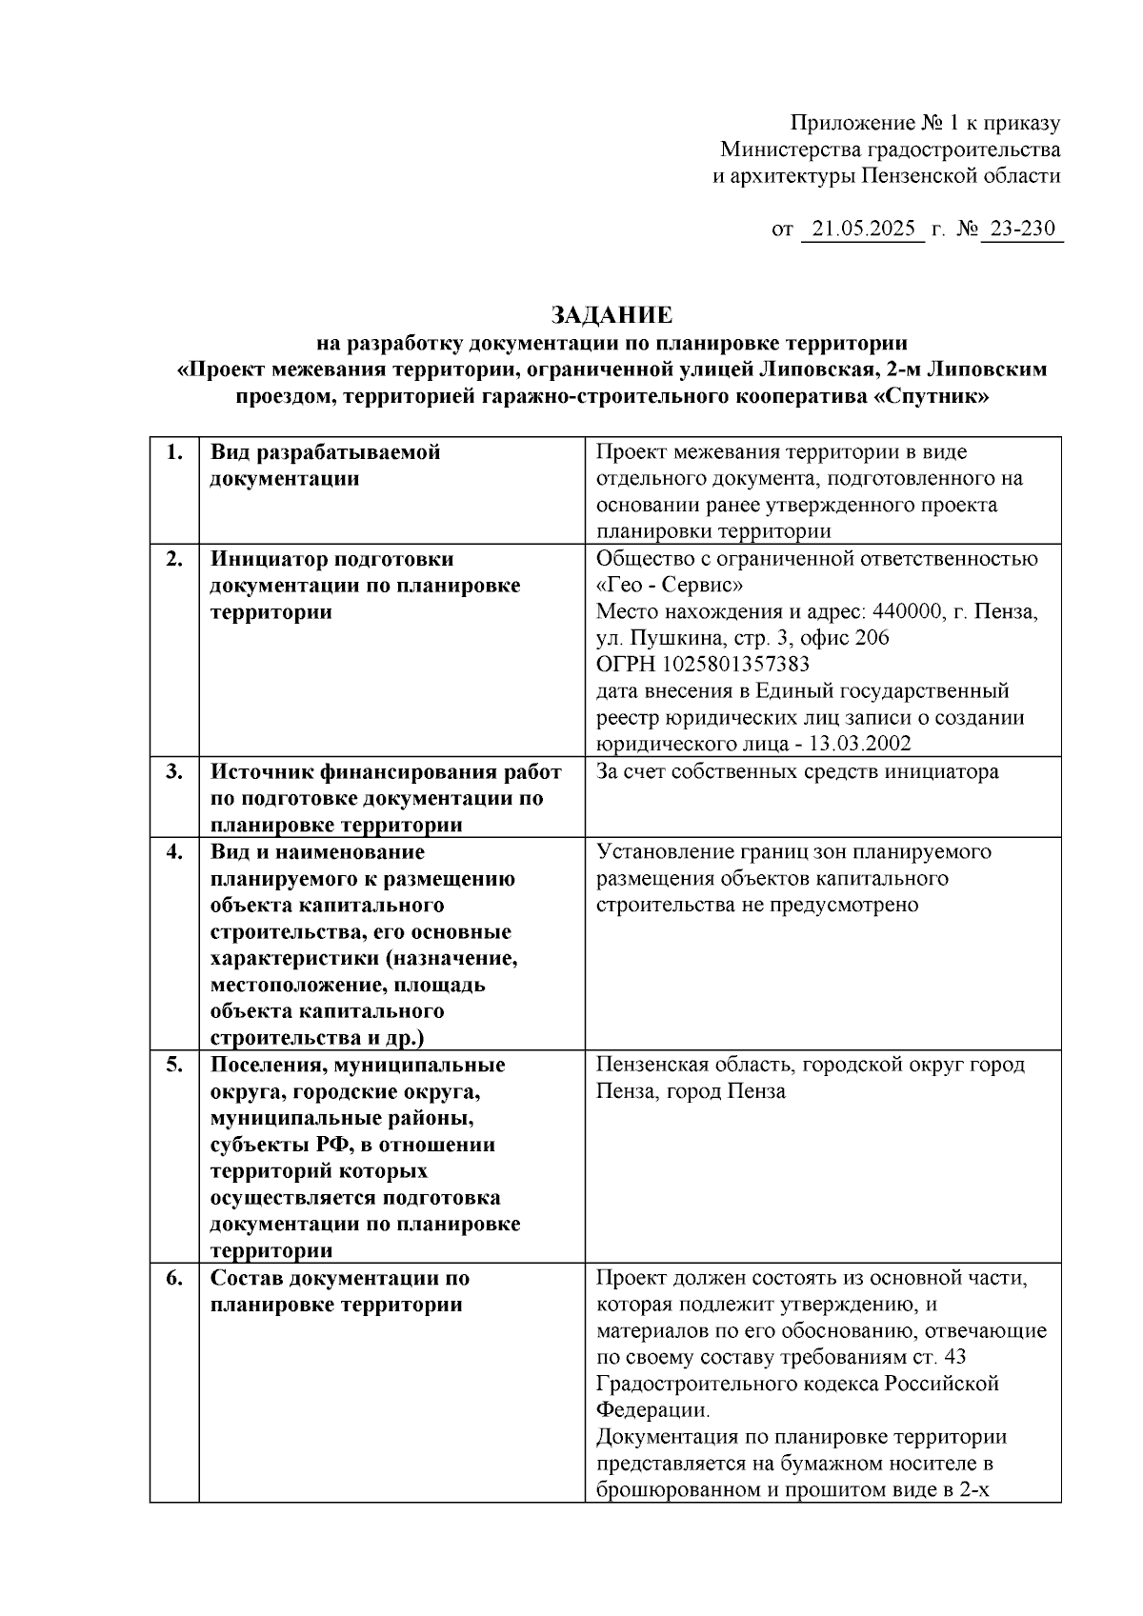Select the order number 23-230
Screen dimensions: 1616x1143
(x=1022, y=229)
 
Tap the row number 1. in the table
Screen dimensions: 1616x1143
(x=174, y=452)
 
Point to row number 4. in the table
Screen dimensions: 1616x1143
(x=174, y=851)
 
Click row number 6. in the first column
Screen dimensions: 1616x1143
(x=174, y=1278)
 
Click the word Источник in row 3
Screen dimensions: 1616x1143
(x=260, y=771)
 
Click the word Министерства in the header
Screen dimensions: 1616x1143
(x=790, y=150)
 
